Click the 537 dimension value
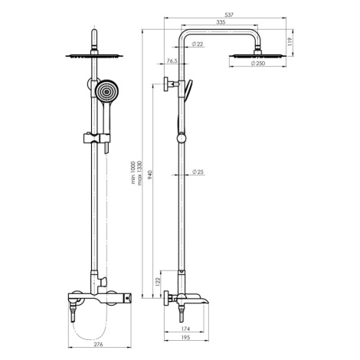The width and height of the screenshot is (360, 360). [x=229, y=15]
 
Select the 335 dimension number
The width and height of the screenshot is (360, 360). [x=221, y=22]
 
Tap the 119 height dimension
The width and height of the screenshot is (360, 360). [x=290, y=42]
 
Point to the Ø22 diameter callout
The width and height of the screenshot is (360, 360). [x=198, y=44]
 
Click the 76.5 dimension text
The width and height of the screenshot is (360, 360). [x=172, y=61]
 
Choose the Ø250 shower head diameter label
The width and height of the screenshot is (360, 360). [x=258, y=64]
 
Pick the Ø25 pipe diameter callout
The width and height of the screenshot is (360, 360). [x=198, y=172]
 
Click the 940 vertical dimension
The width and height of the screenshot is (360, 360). [x=150, y=175]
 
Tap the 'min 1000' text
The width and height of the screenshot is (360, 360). [x=133, y=172]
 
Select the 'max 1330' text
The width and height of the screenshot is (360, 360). [x=139, y=173]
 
